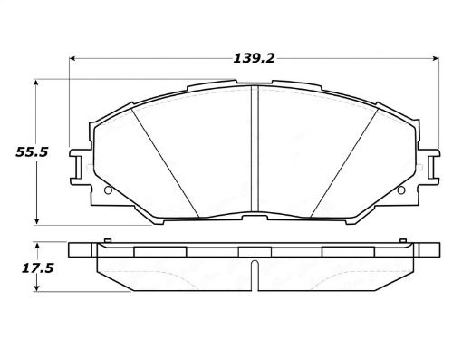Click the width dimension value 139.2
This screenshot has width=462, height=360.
coord(254,57)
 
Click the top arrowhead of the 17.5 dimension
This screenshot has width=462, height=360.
coord(36,246)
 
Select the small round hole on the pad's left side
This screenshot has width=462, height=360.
coord(109,190)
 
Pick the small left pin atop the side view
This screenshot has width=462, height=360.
coord(107,241)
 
